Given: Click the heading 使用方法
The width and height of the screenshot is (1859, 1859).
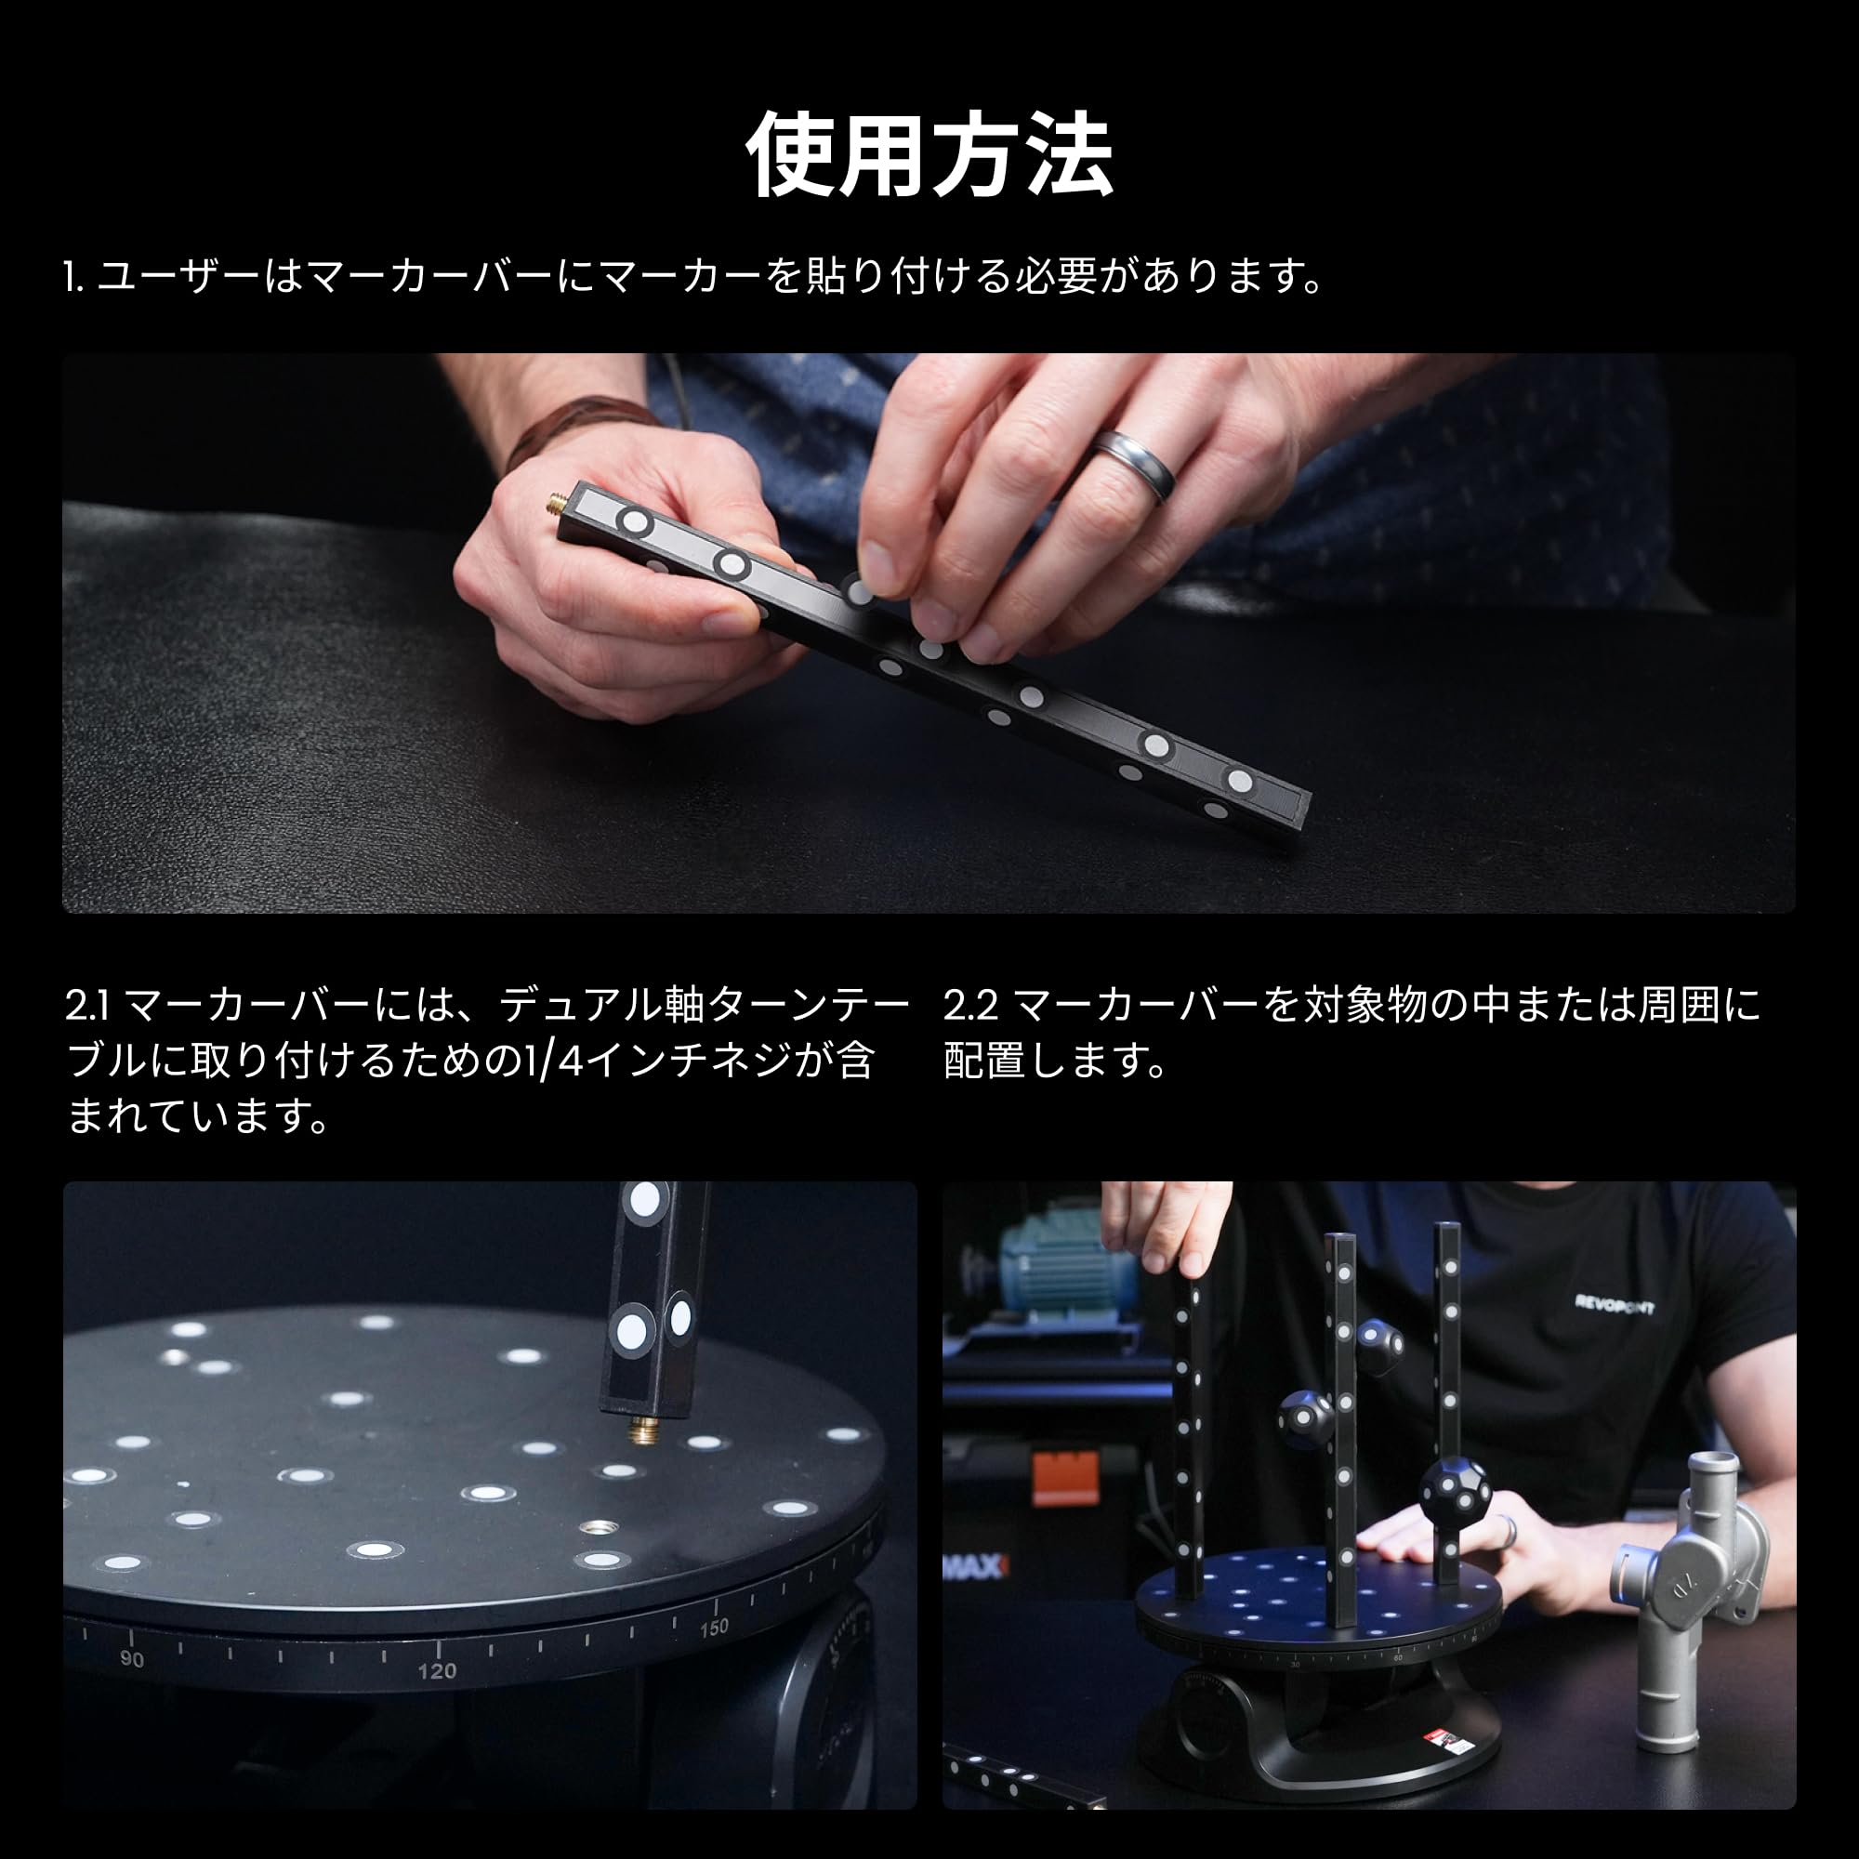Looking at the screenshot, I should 929,155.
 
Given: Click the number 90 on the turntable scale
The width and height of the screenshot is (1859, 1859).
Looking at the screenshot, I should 132,1659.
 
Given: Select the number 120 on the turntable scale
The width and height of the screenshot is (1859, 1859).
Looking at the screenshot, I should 436,1670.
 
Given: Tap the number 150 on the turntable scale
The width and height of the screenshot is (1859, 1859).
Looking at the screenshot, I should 714,1628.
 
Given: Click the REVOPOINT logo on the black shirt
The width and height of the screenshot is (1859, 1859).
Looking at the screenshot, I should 1614,1306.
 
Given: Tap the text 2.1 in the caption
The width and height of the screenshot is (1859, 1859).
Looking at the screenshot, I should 88,1007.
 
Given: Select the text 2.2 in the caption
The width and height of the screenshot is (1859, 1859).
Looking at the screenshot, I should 969,1007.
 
